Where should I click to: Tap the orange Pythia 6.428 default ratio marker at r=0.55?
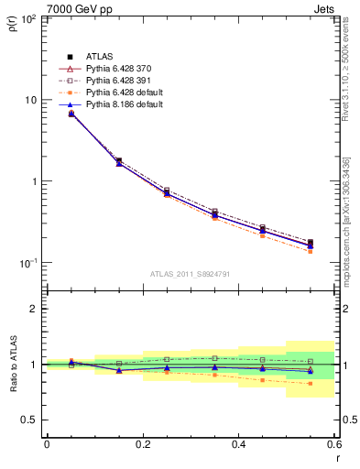(x=311, y=383)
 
